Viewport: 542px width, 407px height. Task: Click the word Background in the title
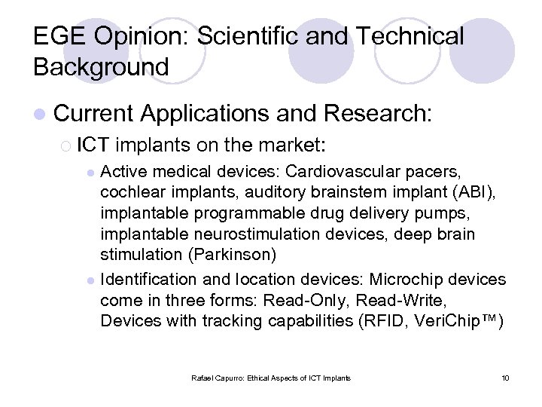[x=101, y=67]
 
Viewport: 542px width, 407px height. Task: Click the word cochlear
[x=129, y=191]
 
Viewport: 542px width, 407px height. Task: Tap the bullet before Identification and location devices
[x=90, y=280]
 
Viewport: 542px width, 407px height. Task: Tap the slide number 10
[x=505, y=377]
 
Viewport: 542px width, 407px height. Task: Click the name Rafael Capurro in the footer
[x=218, y=377]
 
